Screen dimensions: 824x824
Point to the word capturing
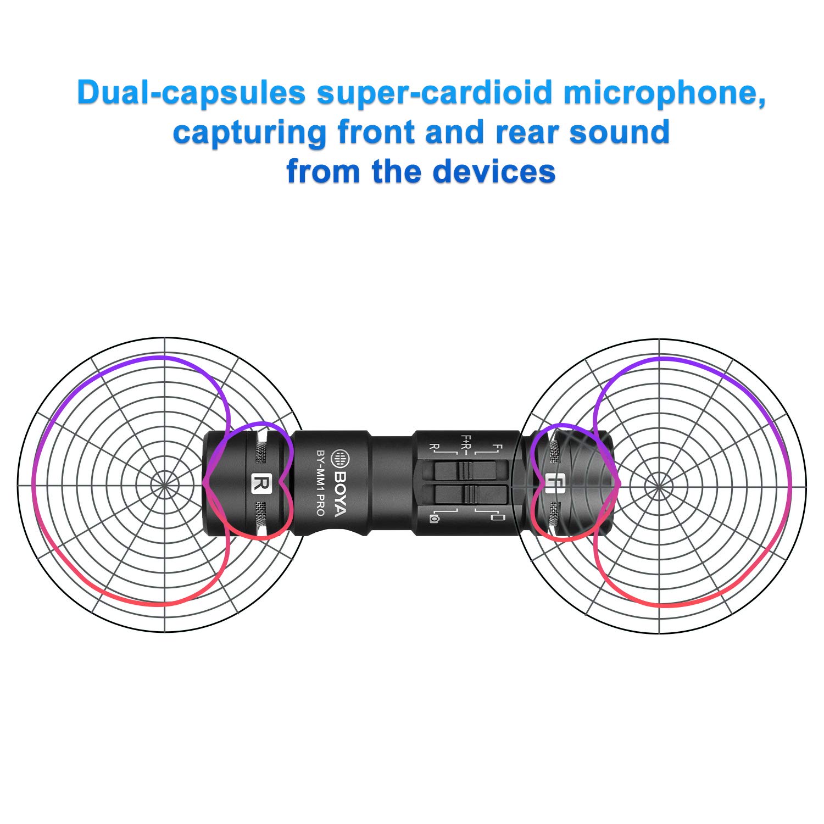(249, 133)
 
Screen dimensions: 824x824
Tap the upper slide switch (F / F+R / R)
(466, 471)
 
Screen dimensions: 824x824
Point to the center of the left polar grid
(164, 485)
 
